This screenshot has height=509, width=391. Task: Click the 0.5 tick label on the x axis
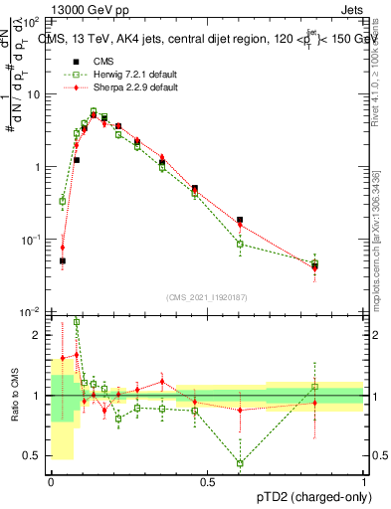208,482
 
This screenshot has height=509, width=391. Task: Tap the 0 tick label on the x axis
51,482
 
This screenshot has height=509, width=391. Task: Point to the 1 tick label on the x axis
364,482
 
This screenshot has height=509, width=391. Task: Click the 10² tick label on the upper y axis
33,21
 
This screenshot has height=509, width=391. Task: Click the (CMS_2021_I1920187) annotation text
207,297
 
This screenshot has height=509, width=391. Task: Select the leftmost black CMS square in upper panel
63,260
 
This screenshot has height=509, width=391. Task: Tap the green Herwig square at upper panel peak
94,112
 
